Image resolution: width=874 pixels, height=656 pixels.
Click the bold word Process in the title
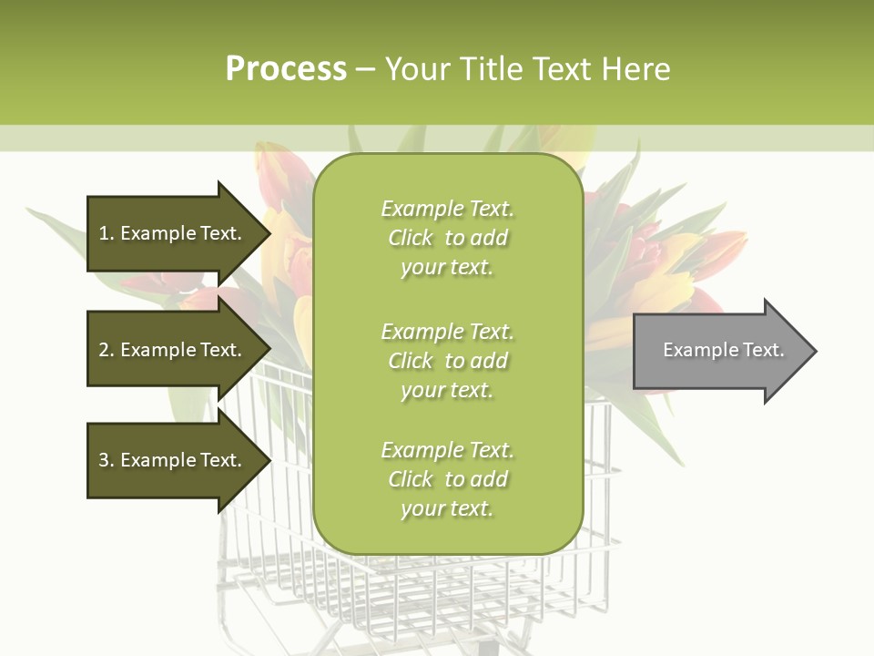[286, 69]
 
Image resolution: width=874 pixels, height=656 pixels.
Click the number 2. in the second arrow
[106, 350]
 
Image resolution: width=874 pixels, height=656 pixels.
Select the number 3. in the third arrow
[106, 460]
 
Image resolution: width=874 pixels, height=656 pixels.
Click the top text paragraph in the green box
[447, 238]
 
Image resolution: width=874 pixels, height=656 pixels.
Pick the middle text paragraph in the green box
[447, 361]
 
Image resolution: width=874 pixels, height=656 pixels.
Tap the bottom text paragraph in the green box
[447, 479]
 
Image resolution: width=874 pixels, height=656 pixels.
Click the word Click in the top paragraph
[411, 238]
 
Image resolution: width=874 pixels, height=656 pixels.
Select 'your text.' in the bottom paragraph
[447, 508]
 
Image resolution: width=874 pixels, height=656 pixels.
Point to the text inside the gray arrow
[724, 350]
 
